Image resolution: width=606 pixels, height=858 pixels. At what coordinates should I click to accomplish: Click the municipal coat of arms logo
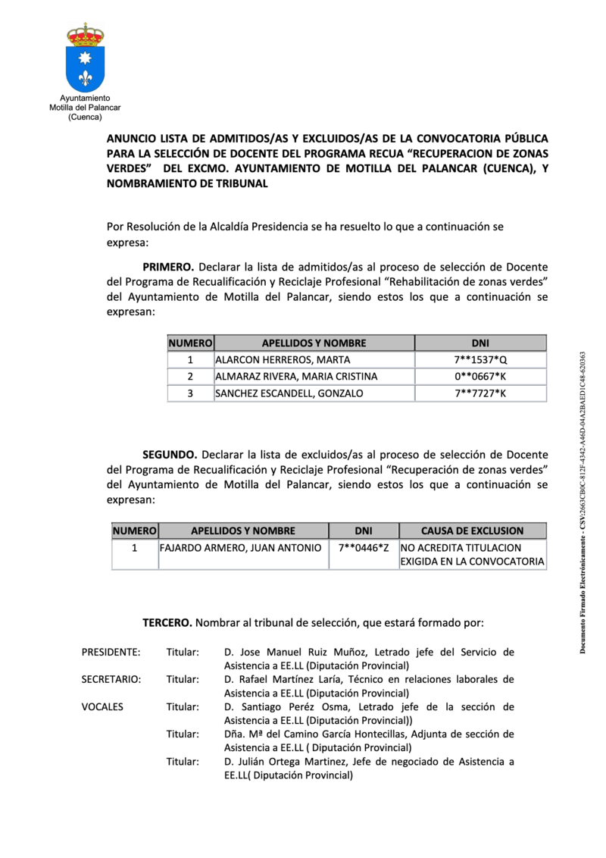click(x=85, y=58)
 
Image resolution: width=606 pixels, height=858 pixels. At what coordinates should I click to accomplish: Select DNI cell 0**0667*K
click(x=480, y=377)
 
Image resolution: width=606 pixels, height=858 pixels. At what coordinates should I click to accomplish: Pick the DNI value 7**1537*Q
click(x=480, y=360)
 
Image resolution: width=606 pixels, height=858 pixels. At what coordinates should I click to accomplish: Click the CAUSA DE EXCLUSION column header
click(x=473, y=531)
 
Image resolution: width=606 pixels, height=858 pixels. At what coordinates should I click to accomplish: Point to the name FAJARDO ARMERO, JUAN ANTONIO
click(x=240, y=547)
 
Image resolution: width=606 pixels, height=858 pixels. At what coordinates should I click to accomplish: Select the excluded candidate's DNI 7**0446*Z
click(x=364, y=547)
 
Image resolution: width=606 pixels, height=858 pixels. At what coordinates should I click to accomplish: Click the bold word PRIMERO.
click(x=168, y=267)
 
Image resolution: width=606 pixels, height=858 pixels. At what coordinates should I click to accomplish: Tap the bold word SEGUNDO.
click(x=170, y=455)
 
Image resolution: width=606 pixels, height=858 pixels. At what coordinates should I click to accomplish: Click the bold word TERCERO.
click(x=167, y=623)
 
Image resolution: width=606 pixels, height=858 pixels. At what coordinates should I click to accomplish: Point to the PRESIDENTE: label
click(x=111, y=652)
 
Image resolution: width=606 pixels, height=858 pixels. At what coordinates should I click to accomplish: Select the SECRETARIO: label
click(x=111, y=679)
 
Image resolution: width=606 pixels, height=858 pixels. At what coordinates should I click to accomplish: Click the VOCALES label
click(x=102, y=706)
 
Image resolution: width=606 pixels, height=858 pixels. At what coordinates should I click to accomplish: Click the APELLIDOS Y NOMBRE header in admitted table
click(x=314, y=343)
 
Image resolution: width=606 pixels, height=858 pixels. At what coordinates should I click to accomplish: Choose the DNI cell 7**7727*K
click(x=480, y=393)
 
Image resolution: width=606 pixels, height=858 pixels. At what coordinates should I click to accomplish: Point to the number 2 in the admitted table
click(x=190, y=377)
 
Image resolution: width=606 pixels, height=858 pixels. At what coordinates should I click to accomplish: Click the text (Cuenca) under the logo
click(x=85, y=117)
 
